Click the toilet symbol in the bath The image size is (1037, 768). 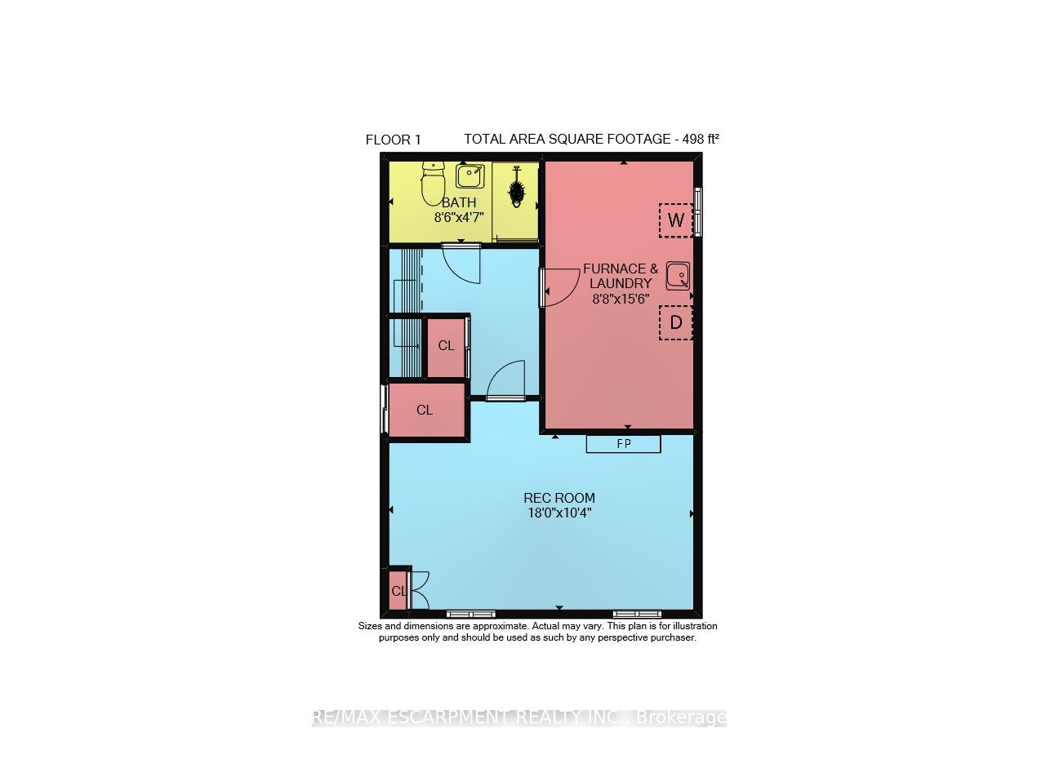coord(432,184)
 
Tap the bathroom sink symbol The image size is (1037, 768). coord(470,175)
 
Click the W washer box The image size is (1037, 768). coord(675,220)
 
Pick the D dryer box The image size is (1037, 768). coord(675,322)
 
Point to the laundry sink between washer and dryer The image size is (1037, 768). coord(678,276)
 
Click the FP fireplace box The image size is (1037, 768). coord(623,444)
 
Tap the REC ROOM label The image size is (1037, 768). coord(559,498)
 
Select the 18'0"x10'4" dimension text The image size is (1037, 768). coord(559,513)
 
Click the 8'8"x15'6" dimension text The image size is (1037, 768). coord(621,299)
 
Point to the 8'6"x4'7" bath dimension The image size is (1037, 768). coord(460,218)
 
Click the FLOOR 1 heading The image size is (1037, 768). coord(393,140)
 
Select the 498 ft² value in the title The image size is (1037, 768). coord(701,139)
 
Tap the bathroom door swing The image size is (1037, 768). coord(461,263)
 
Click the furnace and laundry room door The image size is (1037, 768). coord(559,288)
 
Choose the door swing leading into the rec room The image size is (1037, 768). coord(505,380)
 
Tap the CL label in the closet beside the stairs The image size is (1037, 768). coord(446,346)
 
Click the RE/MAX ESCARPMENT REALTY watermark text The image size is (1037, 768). coord(518,718)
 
